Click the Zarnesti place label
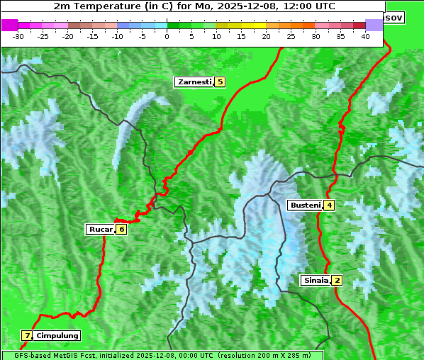194,82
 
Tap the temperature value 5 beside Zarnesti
220,82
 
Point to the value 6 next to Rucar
121,229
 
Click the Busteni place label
303,206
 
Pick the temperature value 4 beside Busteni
329,206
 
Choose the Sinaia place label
316,280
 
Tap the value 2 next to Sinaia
337,280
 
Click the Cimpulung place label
57,335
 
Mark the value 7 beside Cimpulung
26,335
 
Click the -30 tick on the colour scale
18,35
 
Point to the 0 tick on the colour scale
167,35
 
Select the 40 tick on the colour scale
365,35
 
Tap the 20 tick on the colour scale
267,35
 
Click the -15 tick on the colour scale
93,35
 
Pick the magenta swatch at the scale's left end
9,25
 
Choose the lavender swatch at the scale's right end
374,25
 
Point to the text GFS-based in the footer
26,355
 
